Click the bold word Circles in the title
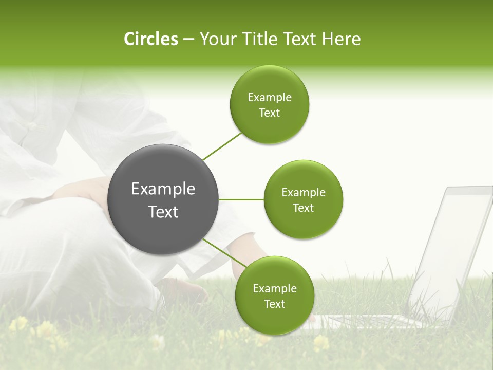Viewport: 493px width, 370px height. (x=150, y=39)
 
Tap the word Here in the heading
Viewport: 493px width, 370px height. (x=341, y=39)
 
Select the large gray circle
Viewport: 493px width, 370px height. (x=163, y=199)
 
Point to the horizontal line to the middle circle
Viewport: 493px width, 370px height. (x=241, y=199)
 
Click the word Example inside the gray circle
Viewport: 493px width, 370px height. (x=163, y=189)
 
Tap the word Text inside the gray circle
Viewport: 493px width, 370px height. (x=163, y=212)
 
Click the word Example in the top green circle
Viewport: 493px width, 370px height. (x=269, y=98)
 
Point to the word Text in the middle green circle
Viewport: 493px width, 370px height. (x=303, y=208)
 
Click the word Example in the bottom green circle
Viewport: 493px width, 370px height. (x=274, y=288)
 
